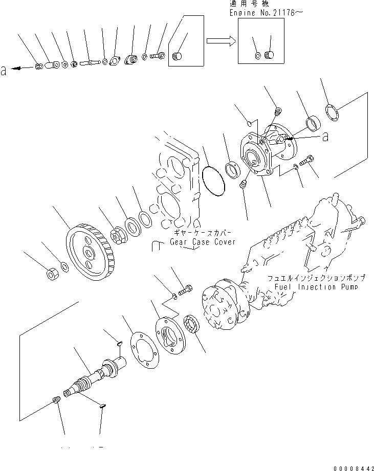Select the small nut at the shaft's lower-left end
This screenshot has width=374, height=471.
tap(56, 400)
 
